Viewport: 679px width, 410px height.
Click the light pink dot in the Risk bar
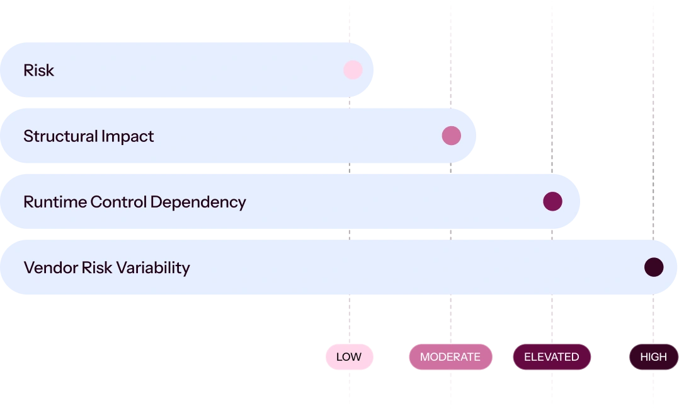[x=353, y=70]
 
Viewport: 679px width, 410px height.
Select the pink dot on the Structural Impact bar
[x=451, y=136]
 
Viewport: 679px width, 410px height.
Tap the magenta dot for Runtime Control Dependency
[x=552, y=201]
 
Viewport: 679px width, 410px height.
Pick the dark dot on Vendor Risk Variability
[x=654, y=267]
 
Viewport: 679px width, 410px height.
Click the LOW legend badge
[x=350, y=356]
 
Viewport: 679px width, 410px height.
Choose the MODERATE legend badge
[x=450, y=356]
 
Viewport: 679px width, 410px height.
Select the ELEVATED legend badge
[x=552, y=356]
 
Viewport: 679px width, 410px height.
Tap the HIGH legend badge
[x=653, y=356]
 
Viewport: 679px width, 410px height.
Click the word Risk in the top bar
[x=39, y=70]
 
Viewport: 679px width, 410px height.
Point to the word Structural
[x=60, y=136]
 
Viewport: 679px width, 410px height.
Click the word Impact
[x=128, y=137]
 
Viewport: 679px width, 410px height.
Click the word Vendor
[x=50, y=267]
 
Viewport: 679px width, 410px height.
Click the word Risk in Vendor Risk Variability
[x=98, y=267]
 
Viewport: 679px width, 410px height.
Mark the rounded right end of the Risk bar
[x=373, y=70]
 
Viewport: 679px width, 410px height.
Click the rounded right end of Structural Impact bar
[x=475, y=136]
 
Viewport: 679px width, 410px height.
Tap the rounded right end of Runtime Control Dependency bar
[x=579, y=201]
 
